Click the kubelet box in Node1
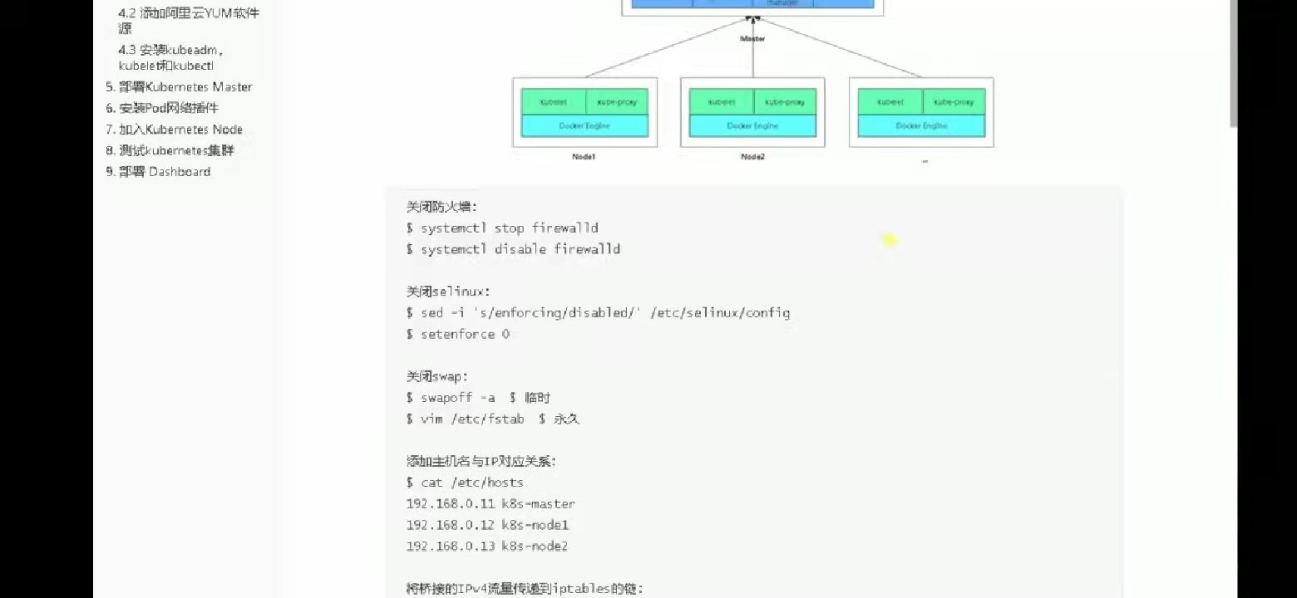[x=554, y=102]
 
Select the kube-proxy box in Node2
[x=785, y=102]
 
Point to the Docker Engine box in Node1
[x=584, y=126]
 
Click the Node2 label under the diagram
[x=752, y=157]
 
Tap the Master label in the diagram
[x=752, y=38]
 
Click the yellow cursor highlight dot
[x=890, y=240]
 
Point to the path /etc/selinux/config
[x=720, y=313]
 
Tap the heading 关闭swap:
[x=437, y=376]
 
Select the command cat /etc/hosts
[x=471, y=483]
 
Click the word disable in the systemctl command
[x=520, y=249]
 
